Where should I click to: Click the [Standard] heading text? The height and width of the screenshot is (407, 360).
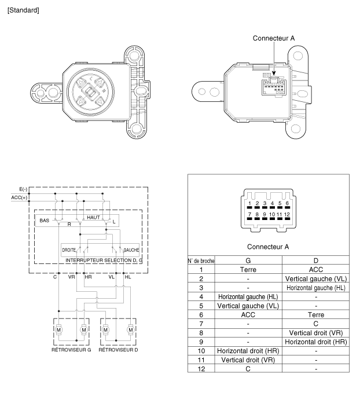point(23,10)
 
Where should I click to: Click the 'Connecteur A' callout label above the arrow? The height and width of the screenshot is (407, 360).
point(274,38)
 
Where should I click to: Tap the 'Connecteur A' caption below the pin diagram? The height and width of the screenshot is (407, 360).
point(268,247)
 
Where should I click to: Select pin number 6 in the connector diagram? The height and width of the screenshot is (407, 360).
point(287,203)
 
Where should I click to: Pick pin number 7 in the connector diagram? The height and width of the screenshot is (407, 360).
point(249,214)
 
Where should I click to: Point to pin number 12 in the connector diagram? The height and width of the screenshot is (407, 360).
point(287,214)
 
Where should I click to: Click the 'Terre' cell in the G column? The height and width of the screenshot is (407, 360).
point(248,270)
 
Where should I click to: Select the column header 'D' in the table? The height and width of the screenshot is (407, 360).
point(316,261)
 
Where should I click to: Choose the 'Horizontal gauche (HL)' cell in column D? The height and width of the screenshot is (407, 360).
point(316,288)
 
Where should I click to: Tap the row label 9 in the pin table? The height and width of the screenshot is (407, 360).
point(201,342)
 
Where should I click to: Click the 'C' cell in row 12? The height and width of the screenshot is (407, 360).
point(248,369)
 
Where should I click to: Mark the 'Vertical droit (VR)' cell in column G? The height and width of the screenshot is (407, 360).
point(248,360)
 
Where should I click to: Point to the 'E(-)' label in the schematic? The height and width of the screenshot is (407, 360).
point(23,189)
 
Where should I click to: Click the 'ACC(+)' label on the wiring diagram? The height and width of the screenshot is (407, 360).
point(19,198)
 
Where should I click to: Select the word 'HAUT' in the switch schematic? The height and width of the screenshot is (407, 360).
point(93,218)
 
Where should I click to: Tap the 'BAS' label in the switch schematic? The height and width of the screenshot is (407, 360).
point(44,221)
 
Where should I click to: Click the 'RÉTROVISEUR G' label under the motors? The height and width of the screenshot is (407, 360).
point(71,350)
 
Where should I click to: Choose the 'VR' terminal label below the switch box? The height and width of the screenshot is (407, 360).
point(71,277)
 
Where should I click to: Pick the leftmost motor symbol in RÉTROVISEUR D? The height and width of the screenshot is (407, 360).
point(105,329)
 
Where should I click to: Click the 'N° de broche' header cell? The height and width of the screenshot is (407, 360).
point(201,261)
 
